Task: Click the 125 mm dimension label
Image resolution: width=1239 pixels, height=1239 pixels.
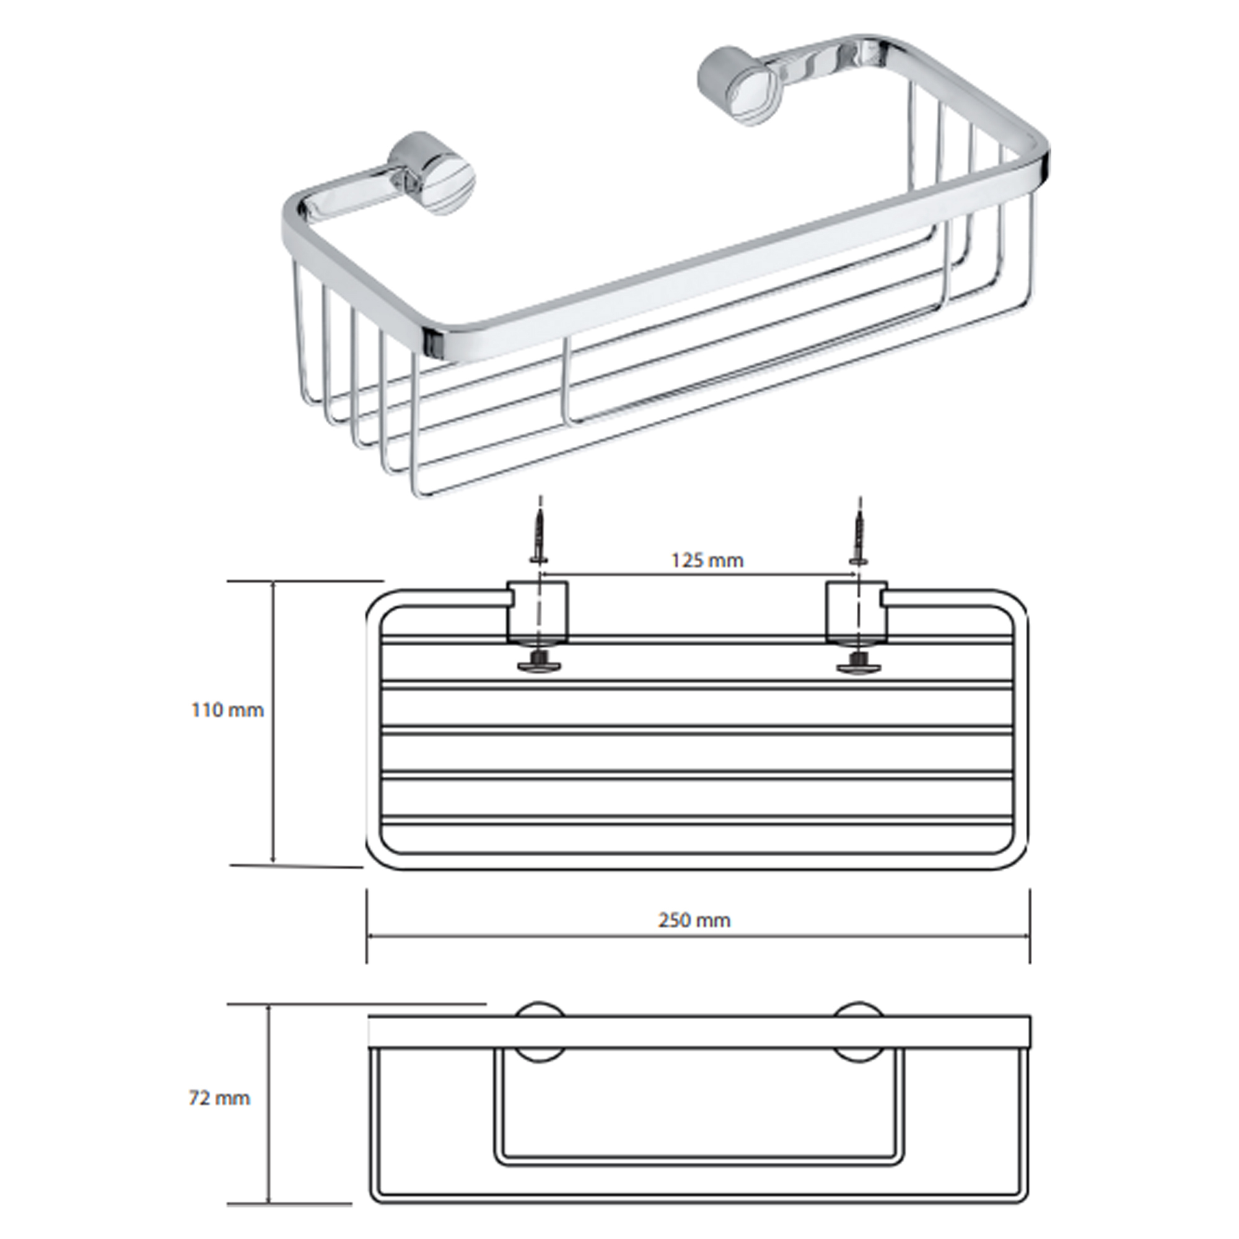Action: (707, 561)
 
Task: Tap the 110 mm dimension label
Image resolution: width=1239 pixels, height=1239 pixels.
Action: (227, 710)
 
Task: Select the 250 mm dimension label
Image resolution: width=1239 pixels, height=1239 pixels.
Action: (694, 921)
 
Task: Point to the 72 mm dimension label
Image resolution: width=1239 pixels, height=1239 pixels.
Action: (219, 1098)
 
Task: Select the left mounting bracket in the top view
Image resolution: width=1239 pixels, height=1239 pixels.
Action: (537, 612)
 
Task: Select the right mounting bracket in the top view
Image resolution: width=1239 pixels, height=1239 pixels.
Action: (857, 612)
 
